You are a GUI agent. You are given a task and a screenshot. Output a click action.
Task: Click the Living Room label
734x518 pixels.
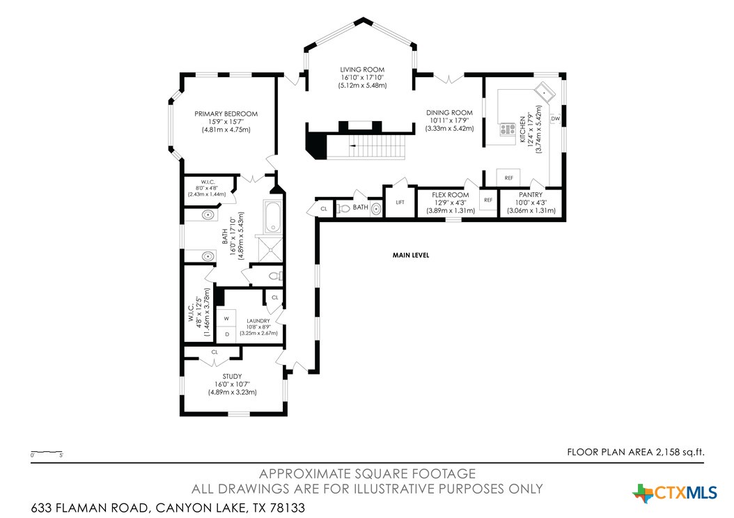[362, 70]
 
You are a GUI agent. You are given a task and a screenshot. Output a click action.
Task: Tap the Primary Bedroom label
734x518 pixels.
[226, 113]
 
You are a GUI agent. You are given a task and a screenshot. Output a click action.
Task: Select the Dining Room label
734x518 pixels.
[449, 113]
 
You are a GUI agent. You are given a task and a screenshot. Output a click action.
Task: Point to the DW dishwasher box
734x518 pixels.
[555, 119]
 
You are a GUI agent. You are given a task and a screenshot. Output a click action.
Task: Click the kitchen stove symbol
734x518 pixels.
[507, 129]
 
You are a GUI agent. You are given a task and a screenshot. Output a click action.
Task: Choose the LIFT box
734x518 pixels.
[400, 202]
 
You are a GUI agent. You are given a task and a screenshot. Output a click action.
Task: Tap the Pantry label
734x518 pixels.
[531, 195]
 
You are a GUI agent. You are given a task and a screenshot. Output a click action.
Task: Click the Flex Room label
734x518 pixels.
[451, 195]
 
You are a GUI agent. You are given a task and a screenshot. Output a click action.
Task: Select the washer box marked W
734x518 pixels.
[226, 318]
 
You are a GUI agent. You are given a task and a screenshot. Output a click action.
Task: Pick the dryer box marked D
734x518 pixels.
[226, 335]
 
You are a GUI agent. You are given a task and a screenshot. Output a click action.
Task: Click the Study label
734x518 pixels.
[232, 376]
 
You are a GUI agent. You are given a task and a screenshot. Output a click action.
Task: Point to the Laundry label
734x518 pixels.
[258, 321]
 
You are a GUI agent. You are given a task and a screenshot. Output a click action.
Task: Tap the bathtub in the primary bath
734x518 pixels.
[273, 217]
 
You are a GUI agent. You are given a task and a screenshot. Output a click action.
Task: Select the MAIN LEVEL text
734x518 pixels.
[411, 255]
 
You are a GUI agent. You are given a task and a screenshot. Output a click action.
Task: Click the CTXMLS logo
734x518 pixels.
[675, 493]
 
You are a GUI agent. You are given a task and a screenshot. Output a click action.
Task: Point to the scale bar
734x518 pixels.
[47, 452]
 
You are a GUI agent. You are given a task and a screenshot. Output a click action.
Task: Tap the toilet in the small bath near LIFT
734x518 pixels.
[343, 208]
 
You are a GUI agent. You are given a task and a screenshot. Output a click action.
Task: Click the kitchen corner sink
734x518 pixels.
[545, 91]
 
